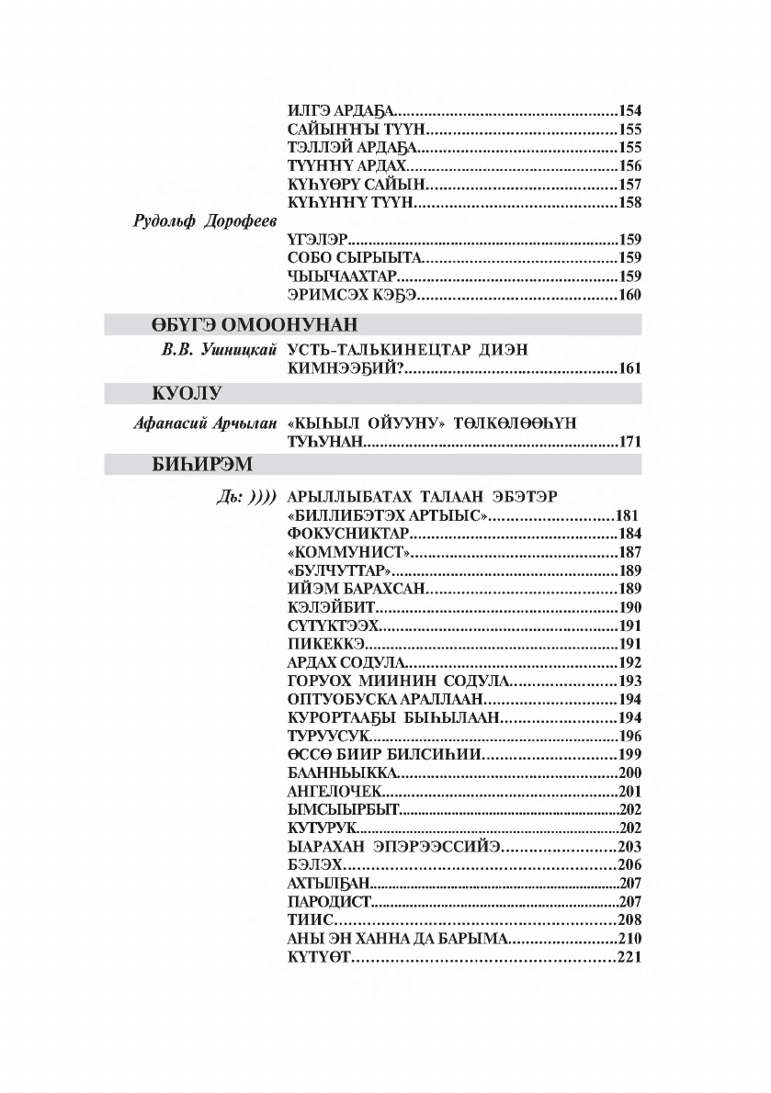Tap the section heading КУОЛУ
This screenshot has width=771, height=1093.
187,394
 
